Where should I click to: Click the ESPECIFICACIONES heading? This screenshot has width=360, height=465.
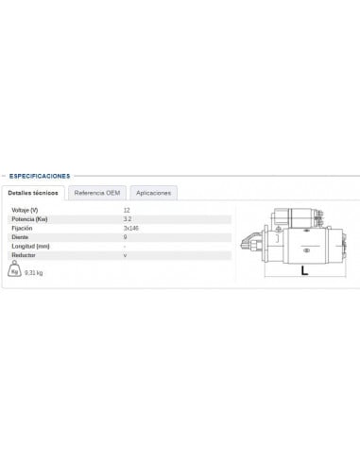[x=39, y=175]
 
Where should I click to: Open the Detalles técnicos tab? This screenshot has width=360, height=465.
[x=33, y=193]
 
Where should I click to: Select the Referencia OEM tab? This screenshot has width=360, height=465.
[x=98, y=193]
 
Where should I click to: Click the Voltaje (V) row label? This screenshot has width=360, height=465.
[x=25, y=209]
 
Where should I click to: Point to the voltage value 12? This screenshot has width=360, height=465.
[x=127, y=209]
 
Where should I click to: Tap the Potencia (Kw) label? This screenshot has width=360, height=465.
[x=28, y=218]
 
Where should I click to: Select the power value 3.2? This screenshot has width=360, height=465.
[x=128, y=218]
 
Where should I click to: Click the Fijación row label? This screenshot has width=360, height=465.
[x=22, y=228]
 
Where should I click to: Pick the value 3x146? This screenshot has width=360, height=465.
[x=130, y=228]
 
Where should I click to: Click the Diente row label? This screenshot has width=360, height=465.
[x=20, y=236]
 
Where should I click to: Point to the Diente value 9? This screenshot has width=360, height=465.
[x=125, y=236]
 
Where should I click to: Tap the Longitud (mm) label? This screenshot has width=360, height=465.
[x=29, y=246]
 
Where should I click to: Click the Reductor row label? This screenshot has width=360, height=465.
[x=23, y=255]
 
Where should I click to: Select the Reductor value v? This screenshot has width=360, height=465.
[x=125, y=255]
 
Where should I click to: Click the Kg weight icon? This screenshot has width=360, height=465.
[x=15, y=270]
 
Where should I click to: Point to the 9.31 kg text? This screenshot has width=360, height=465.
[x=33, y=273]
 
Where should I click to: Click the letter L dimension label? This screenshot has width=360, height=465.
[x=304, y=270]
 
